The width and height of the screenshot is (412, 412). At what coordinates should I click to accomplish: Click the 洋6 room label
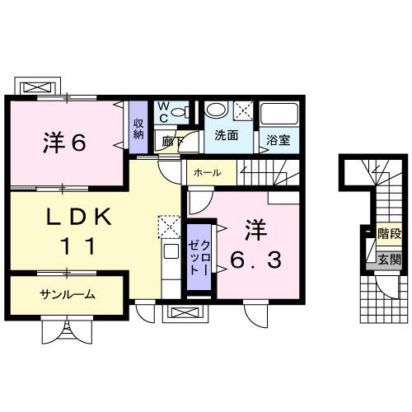coord(64,143)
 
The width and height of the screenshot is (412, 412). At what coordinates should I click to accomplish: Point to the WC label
coord(162,111)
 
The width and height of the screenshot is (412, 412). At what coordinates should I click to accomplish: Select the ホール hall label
coord(205,173)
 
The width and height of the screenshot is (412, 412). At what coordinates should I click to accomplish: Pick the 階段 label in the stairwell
coord(388,234)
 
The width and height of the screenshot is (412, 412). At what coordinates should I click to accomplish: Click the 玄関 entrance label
coord(388,260)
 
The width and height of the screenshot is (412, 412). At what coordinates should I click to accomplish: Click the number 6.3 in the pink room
coord(255,261)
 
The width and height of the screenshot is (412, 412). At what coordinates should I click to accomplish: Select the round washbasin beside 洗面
coord(217,110)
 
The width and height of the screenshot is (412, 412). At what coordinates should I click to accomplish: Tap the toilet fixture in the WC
coord(183,110)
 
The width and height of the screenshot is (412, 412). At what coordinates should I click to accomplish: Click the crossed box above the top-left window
coord(38,85)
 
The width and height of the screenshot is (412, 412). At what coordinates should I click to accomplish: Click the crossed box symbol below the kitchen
coord(181,313)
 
